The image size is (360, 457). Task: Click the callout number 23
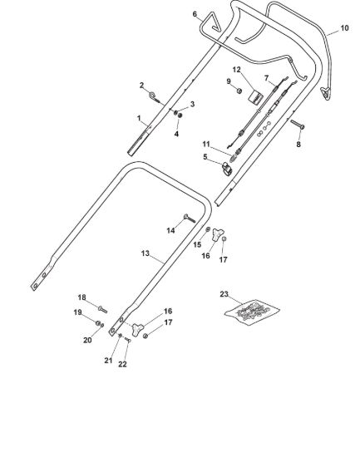[x=224, y=294]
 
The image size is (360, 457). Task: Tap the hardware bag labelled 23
[x=252, y=312]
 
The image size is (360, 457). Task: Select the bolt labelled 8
[x=298, y=125]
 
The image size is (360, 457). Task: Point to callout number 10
[x=344, y=28]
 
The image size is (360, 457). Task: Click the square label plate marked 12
[x=256, y=96]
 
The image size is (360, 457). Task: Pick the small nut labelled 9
[x=239, y=91]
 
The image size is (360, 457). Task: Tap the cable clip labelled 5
[x=228, y=169]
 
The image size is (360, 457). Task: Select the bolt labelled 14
[x=190, y=219]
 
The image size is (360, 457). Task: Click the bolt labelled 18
[x=103, y=310]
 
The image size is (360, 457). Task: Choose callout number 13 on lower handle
[x=145, y=253]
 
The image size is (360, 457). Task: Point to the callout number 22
[x=122, y=364]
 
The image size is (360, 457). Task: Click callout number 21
[x=108, y=361]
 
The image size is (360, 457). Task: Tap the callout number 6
[x=195, y=14]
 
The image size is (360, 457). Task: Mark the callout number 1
[x=139, y=118]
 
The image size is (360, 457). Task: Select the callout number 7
[x=266, y=78]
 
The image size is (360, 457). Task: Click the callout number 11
[x=206, y=145]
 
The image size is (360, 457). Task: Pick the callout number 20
[x=87, y=340]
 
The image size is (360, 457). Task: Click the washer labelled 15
[x=208, y=229]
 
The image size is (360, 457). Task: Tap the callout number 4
[x=176, y=134]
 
